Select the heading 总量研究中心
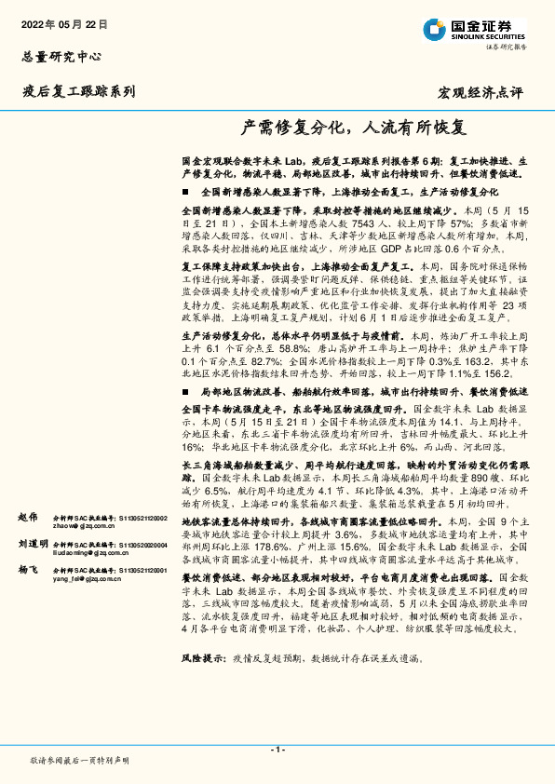point(61,56)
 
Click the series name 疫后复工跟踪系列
point(79,91)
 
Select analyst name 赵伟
point(28,516)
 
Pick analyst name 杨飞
point(28,569)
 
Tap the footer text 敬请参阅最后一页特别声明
point(78,760)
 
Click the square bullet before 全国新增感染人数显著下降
point(186,190)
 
